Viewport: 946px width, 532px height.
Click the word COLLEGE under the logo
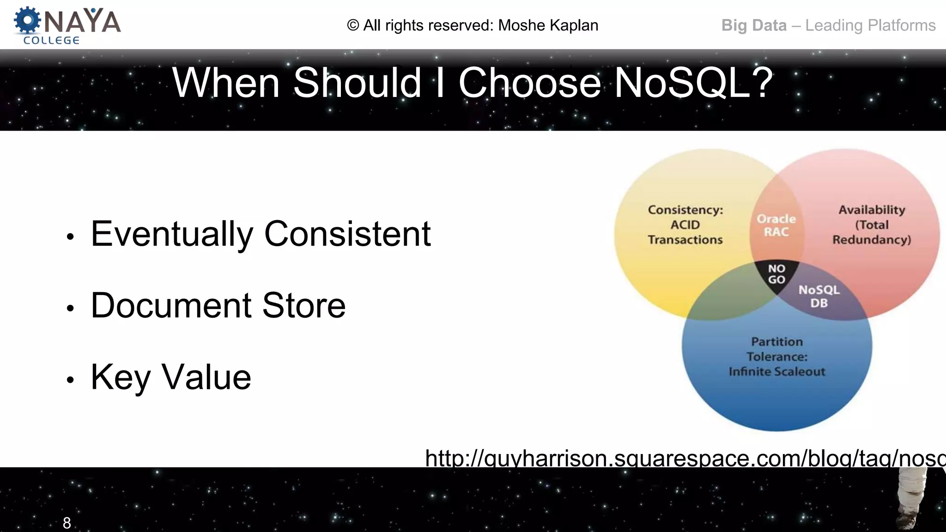pyautogui.click(x=51, y=41)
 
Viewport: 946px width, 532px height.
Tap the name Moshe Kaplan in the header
pyautogui.click(x=548, y=25)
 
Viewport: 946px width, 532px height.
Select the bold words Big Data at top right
pyautogui.click(x=754, y=25)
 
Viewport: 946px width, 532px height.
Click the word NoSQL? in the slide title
pyautogui.click(x=693, y=83)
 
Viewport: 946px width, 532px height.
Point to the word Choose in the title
pyautogui.click(x=529, y=83)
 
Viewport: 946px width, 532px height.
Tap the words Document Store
pyautogui.click(x=218, y=305)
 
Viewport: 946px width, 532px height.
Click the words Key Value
pyautogui.click(x=171, y=377)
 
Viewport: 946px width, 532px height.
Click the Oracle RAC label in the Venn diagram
pyautogui.click(x=776, y=225)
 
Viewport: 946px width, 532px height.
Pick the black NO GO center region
pyautogui.click(x=776, y=274)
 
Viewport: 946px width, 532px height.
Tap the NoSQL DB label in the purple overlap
pyautogui.click(x=819, y=296)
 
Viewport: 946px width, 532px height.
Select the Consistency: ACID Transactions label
pyautogui.click(x=685, y=225)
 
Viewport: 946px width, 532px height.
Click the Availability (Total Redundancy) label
pyautogui.click(x=872, y=225)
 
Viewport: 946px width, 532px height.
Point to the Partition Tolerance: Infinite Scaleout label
pyautogui.click(x=777, y=357)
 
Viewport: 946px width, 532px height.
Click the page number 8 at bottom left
pyautogui.click(x=67, y=523)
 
